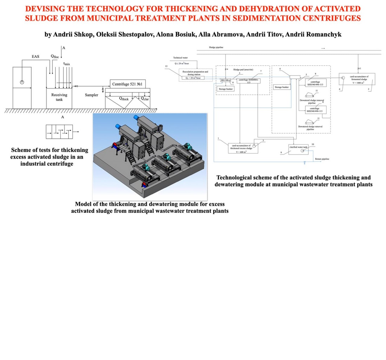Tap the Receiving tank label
coord(59,97)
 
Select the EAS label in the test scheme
coord(35,56)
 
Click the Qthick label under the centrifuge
coord(124,99)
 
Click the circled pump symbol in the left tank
coord(22,82)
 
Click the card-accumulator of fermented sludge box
coord(357,78)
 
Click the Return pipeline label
coord(322,159)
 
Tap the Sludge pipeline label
coord(216,47)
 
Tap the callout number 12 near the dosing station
coord(166,66)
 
